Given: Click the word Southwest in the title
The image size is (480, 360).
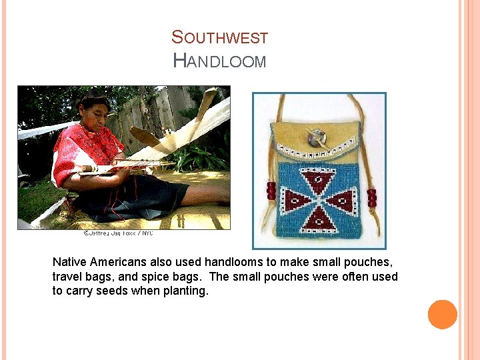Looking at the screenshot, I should [219, 38].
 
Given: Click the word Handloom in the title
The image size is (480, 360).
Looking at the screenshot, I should [219, 61].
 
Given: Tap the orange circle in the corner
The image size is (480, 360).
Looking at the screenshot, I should [442, 315].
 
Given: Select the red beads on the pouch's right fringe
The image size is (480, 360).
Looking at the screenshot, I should [371, 198].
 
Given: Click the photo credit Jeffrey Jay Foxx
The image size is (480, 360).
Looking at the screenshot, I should [118, 233].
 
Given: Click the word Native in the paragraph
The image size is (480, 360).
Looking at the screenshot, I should [69, 262].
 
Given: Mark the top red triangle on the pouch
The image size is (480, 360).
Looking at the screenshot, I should [318, 179].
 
